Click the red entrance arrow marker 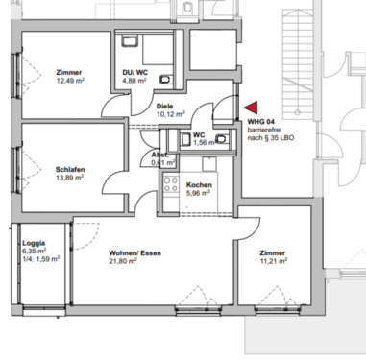pyautogui.click(x=251, y=109)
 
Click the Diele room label pyautogui.click(x=165, y=104)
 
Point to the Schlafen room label pyautogui.click(x=71, y=169)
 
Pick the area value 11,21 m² pyautogui.click(x=274, y=261)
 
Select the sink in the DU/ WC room pyautogui.click(x=129, y=43)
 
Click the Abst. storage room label pyautogui.click(x=159, y=155)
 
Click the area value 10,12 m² pyautogui.click(x=169, y=112)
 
